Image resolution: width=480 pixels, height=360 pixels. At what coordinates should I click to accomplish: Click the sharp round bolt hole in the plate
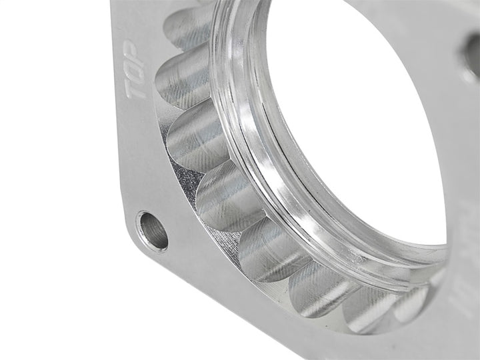coord(152,231)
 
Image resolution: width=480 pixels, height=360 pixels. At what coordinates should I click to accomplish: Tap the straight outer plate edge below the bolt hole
coord(200,307)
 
